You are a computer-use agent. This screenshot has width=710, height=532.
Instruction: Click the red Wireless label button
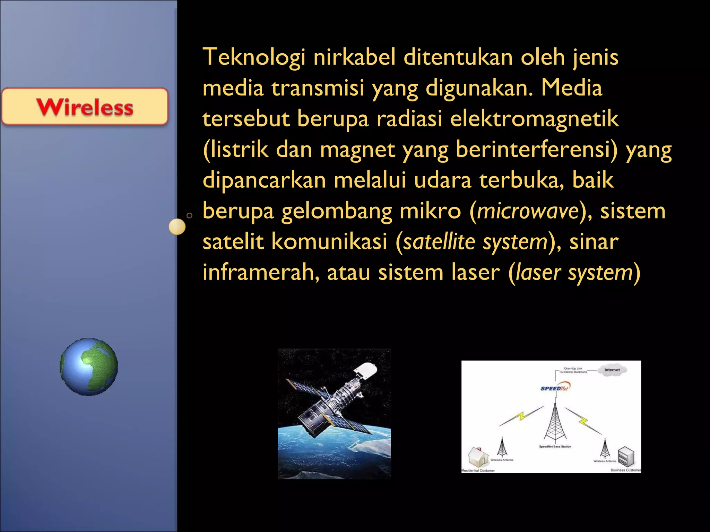click(x=85, y=106)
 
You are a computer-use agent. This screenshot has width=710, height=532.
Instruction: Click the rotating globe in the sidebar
click(x=89, y=367)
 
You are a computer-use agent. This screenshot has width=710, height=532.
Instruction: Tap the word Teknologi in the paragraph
click(x=254, y=57)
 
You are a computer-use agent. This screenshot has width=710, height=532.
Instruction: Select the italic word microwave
click(x=528, y=211)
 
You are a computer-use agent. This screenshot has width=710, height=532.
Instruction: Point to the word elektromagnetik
click(x=534, y=119)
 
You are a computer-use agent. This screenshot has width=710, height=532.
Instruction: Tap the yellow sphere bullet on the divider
click(x=177, y=227)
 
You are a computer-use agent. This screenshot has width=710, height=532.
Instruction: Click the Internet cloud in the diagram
click(x=612, y=370)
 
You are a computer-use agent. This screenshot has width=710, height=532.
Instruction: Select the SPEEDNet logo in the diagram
click(x=555, y=388)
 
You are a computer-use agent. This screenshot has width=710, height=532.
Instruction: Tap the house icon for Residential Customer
click(x=478, y=456)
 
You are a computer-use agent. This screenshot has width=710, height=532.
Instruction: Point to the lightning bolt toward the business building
click(x=584, y=420)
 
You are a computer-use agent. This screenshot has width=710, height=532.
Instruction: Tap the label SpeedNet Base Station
click(x=555, y=447)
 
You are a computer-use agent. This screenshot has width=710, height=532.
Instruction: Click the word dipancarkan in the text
click(x=264, y=180)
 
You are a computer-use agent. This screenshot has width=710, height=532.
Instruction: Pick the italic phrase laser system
click(x=574, y=273)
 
